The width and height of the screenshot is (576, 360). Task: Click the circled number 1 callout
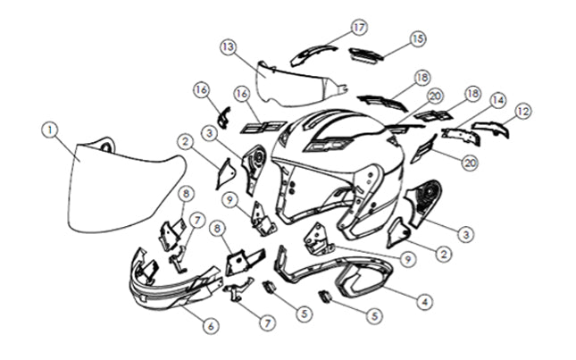[x=50, y=130]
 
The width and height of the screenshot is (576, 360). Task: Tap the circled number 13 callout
[x=229, y=47]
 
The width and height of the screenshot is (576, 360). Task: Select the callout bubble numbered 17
[x=359, y=27]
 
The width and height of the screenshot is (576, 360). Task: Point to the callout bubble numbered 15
[x=418, y=38]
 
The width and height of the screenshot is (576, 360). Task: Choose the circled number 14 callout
[x=497, y=100]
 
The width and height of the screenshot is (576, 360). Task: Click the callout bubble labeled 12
[x=523, y=112]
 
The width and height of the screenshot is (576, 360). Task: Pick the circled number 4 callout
[x=424, y=302]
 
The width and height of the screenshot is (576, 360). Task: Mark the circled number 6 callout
[x=211, y=325]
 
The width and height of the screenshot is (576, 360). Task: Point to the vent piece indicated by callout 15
[x=365, y=55]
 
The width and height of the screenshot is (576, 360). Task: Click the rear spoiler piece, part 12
[x=490, y=128]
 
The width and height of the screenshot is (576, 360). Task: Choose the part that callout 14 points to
[x=461, y=136]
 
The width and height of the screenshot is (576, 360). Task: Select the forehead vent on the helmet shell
[x=328, y=145]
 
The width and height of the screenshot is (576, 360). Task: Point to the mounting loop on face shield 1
[x=106, y=145]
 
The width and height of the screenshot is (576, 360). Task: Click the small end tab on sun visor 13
[x=342, y=88]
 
